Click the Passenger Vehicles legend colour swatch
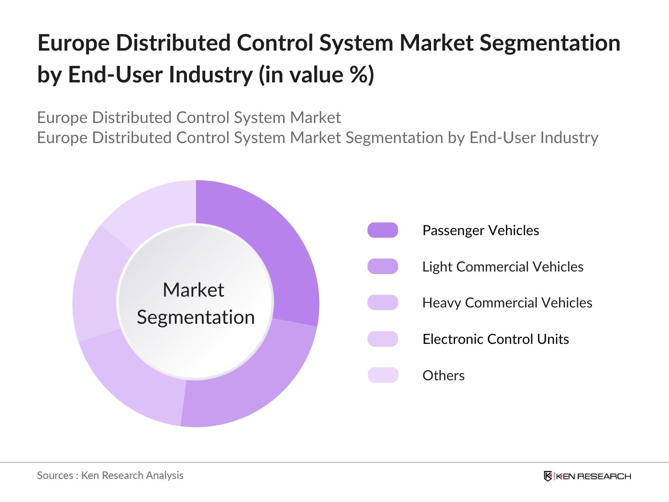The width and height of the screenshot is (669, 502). [383, 231]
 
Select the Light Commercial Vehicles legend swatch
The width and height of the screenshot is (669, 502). [383, 266]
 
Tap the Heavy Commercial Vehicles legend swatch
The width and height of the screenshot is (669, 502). [383, 302]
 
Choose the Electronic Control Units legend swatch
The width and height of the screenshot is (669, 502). [383, 339]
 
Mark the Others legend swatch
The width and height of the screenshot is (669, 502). [383, 375]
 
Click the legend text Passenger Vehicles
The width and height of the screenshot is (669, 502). [480, 231]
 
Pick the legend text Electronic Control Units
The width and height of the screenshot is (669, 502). [495, 339]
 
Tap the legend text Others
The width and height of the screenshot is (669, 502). [443, 375]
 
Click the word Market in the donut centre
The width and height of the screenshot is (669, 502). [193, 290]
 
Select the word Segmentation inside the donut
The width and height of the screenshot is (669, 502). [196, 317]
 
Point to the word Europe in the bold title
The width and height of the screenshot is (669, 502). [73, 43]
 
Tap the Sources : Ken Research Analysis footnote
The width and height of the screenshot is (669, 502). [110, 475]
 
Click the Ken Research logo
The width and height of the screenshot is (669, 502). [587, 476]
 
